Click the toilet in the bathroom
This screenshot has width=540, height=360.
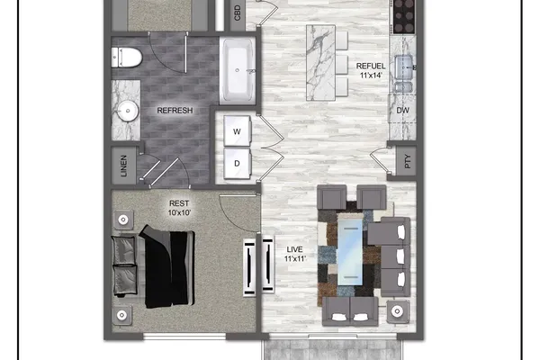(126, 58)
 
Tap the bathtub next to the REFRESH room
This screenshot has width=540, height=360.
(238, 70)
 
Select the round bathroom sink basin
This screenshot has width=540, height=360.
(128, 111)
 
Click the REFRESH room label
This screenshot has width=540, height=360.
(175, 111)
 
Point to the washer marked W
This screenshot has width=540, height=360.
(237, 131)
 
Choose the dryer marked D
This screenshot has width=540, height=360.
(237, 164)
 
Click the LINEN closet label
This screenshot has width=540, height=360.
(123, 166)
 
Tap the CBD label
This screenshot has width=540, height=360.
(238, 13)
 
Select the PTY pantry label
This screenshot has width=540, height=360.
(408, 161)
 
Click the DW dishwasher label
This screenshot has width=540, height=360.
(402, 110)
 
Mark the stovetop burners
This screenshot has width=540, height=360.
(404, 16)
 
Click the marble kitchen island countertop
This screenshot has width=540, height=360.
(320, 63)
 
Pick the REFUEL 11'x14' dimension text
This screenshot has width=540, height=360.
(371, 70)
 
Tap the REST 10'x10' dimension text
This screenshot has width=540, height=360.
(179, 208)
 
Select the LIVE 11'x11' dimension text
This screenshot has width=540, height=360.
(295, 254)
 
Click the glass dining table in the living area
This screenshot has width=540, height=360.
(350, 251)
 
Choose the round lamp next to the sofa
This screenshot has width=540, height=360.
(398, 311)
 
